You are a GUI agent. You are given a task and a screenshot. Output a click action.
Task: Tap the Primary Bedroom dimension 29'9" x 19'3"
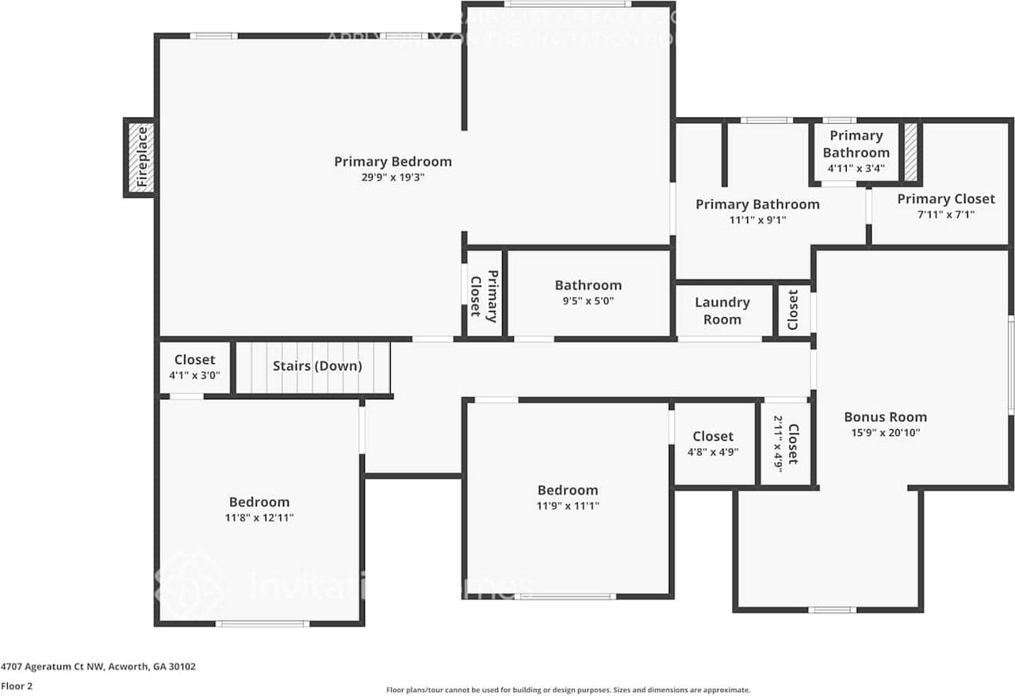(393, 178)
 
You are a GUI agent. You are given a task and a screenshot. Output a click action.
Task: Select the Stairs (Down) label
(317, 366)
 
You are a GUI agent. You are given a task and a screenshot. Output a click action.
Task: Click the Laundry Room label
(722, 311)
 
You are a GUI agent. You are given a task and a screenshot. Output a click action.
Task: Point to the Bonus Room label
(885, 417)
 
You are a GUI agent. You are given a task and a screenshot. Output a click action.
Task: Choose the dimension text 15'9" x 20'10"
(885, 433)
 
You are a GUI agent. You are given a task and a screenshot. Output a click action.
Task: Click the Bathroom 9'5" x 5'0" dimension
(588, 301)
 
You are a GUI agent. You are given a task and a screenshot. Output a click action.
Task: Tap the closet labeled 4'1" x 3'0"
(194, 375)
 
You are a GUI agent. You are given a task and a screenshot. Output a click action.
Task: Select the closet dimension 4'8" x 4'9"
(712, 453)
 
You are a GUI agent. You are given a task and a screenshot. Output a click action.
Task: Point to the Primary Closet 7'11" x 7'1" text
(945, 214)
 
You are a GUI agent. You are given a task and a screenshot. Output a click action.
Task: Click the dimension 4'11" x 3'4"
(856, 168)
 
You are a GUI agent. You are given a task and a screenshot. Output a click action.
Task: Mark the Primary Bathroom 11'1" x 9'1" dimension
(757, 220)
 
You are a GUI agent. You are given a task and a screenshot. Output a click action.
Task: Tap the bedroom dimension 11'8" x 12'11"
(259, 518)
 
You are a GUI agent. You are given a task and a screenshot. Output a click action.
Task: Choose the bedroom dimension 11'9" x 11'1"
(567, 506)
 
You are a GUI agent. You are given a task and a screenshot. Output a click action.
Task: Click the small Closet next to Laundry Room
(794, 309)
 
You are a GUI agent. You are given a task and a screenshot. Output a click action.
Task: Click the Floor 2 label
(17, 686)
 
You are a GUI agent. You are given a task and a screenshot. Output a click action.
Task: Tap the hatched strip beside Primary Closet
(911, 151)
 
